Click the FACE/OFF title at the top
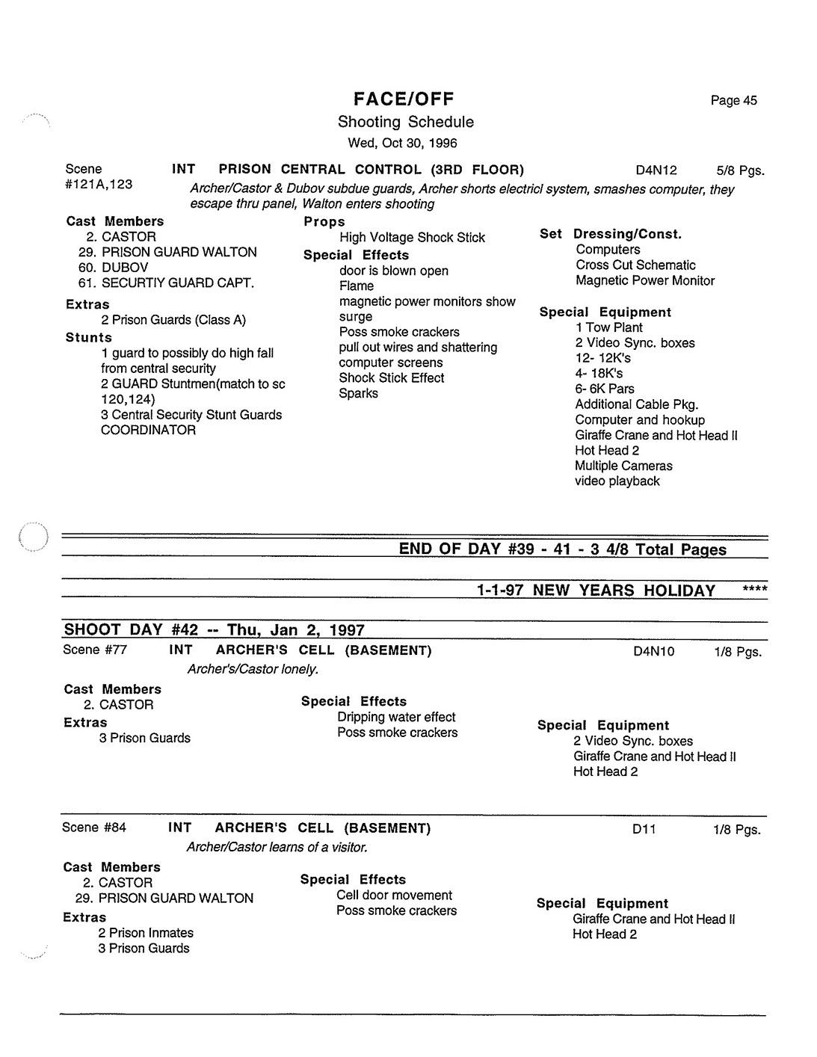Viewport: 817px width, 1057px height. tap(404, 99)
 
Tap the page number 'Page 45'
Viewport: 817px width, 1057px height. tap(733, 101)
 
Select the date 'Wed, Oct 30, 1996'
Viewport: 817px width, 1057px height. tap(402, 143)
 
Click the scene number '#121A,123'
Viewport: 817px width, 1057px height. tap(99, 184)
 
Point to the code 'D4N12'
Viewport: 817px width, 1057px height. tap(656, 170)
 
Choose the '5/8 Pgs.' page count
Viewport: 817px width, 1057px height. tap(740, 170)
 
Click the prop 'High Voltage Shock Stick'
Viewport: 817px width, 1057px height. tap(412, 238)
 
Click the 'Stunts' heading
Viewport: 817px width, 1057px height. tap(89, 337)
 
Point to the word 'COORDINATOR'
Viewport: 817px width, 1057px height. tap(148, 430)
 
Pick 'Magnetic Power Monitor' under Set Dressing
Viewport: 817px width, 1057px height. tap(644, 280)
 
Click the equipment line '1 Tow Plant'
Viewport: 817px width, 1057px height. tap(608, 327)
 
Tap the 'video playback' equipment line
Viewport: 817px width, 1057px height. tap(617, 481)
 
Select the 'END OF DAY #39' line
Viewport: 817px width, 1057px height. tap(562, 549)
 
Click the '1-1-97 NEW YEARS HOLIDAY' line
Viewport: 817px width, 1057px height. tap(596, 591)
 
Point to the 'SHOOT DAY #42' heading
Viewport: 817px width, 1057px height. tap(214, 629)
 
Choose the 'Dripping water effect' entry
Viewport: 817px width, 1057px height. tap(396, 717)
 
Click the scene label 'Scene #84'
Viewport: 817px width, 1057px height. tap(94, 828)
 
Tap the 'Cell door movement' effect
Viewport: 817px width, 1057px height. tap(394, 895)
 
